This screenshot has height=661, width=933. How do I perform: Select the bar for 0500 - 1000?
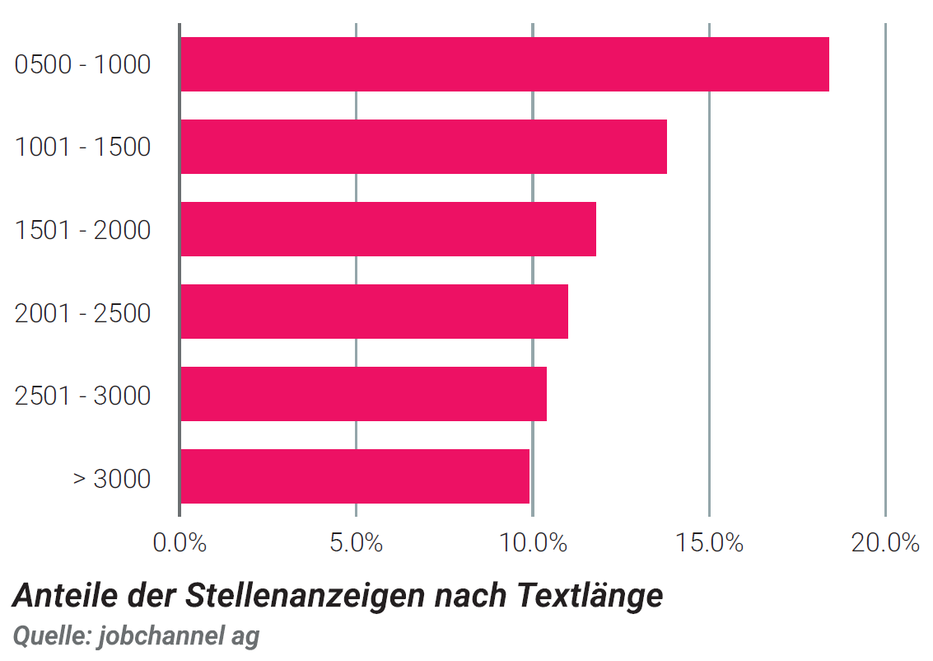coord(505,64)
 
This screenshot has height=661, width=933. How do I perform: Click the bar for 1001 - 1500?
coord(423,147)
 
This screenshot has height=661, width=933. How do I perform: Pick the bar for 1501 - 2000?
coord(388,229)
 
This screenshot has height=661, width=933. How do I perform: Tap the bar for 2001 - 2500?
coord(375,312)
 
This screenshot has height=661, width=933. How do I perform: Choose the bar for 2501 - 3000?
coord(363,394)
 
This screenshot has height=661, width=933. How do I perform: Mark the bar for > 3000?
coord(355,476)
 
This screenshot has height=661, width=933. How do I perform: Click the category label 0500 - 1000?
coord(82,64)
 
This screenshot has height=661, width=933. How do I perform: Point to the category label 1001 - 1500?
coord(82,147)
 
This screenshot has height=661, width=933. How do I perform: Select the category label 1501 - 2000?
coord(82,230)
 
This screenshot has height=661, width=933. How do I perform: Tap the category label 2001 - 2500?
coord(82,313)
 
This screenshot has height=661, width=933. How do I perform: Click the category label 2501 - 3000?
coord(82,396)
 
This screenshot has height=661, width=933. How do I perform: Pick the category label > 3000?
coord(112,478)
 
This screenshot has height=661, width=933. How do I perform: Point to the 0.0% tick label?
coord(180,542)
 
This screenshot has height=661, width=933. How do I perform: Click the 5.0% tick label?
coord(356,542)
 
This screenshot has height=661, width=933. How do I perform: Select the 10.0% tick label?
coord(533,542)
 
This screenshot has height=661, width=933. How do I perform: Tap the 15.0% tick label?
coord(709,542)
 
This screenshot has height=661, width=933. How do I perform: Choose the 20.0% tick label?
coord(885,542)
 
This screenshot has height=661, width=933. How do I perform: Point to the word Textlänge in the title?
coord(590,596)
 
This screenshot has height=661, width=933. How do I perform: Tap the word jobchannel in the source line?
coord(161,636)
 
